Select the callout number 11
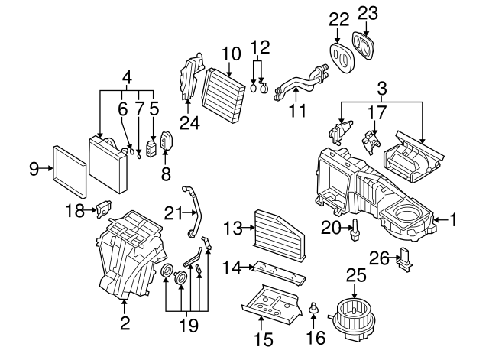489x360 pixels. [297, 111]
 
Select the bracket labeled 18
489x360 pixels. [103, 206]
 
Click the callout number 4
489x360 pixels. [128, 76]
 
